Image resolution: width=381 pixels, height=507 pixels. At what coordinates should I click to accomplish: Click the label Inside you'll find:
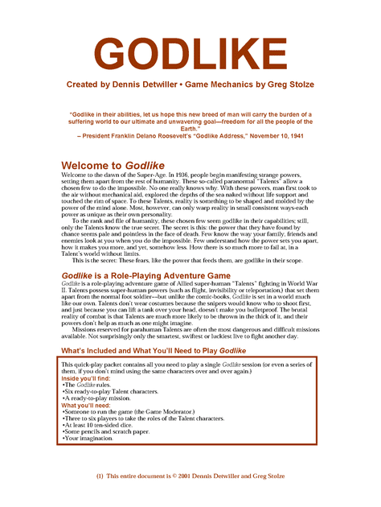coord(88,377)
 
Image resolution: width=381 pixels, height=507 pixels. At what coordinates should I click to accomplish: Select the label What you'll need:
coord(86,406)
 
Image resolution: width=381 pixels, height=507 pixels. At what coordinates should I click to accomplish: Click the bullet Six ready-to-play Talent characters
coord(112,391)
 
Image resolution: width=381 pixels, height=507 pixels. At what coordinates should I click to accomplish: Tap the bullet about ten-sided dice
coord(104,426)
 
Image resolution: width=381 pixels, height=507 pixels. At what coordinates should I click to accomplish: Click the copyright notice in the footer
coord(190,476)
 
